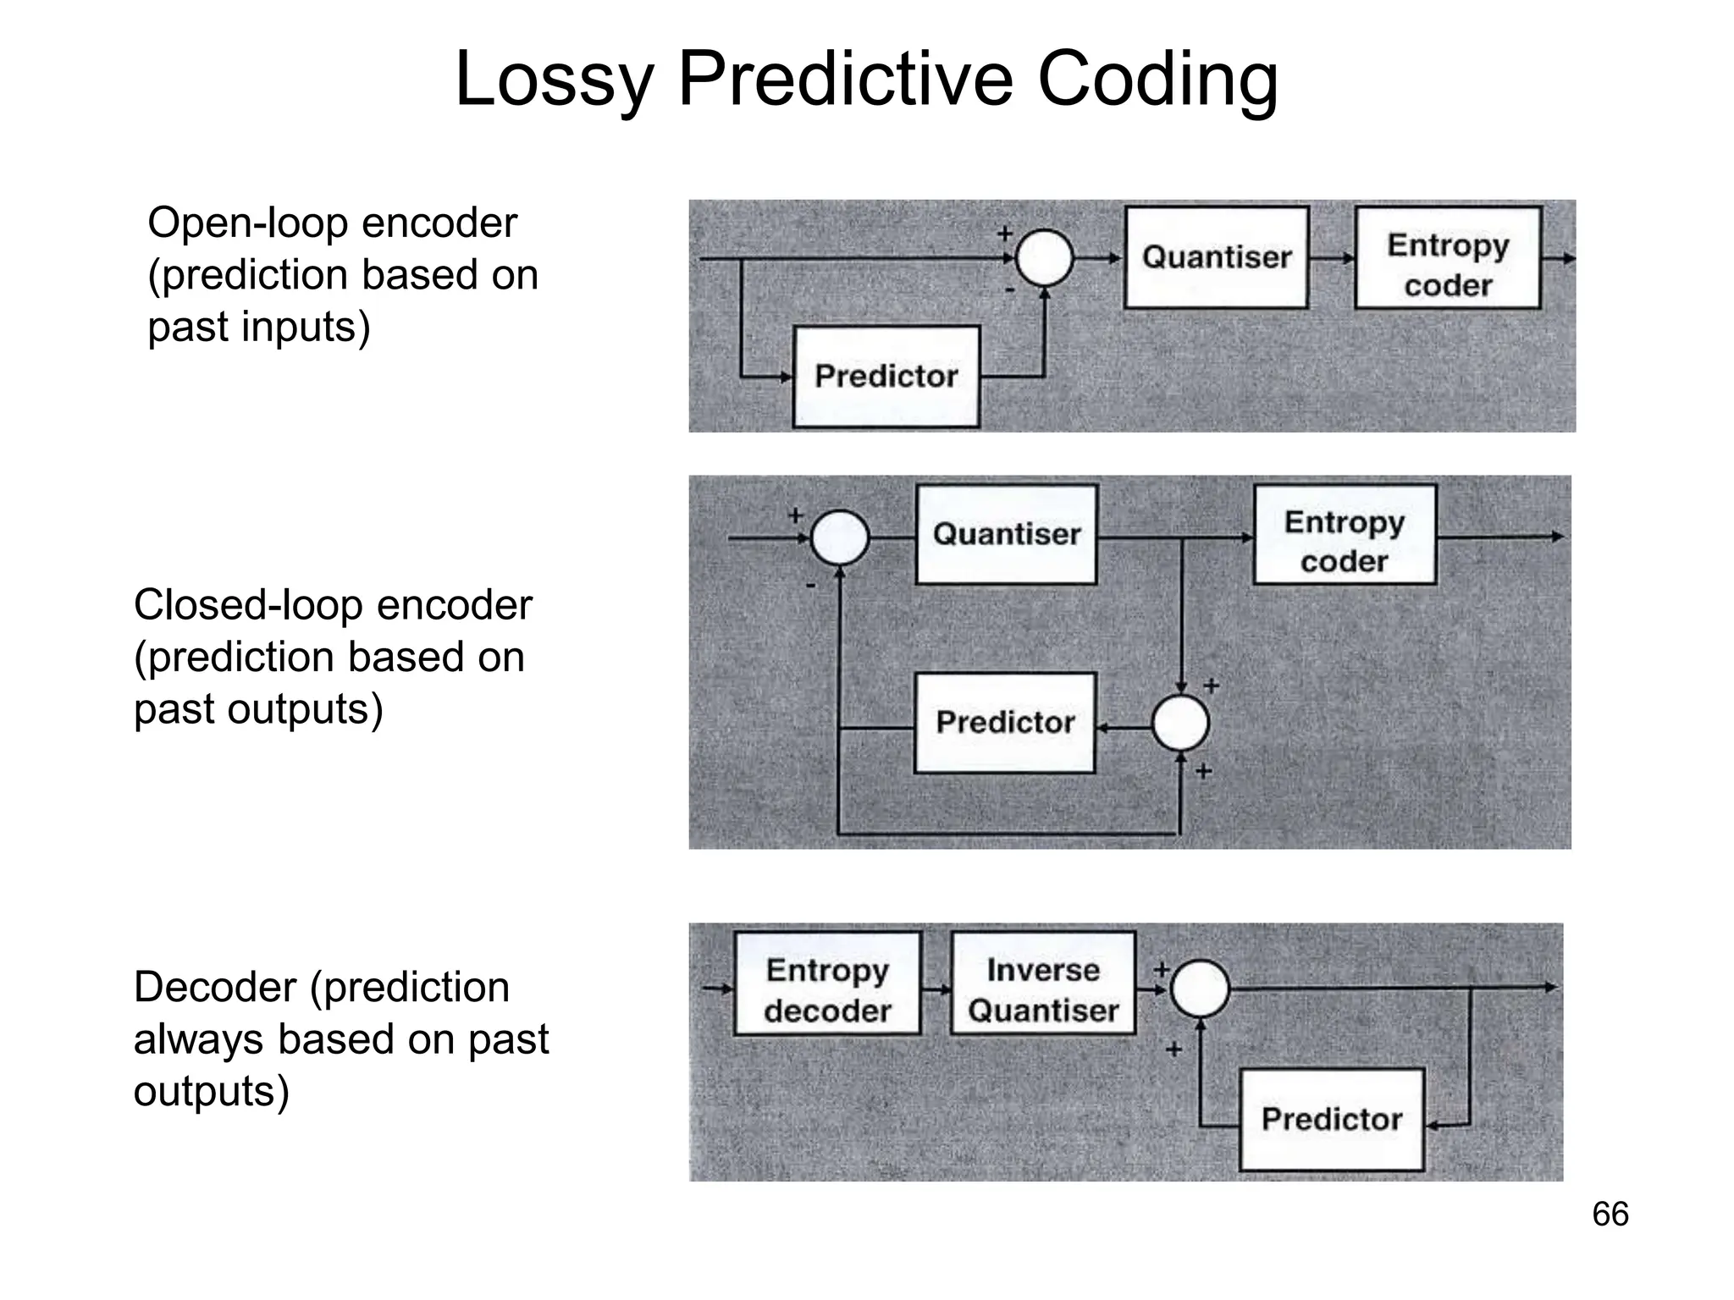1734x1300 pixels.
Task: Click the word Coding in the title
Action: coord(1157,81)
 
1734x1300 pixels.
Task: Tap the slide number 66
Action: coord(1610,1215)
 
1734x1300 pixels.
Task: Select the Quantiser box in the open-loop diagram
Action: coord(1217,257)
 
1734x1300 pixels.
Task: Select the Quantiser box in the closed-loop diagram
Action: coord(1007,534)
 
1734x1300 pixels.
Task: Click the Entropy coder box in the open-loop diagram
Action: coord(1448,258)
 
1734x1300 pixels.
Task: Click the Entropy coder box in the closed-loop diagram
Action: coord(1345,535)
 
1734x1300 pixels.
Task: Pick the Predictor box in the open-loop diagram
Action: coord(886,377)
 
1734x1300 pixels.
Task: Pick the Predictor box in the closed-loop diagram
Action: coord(1005,723)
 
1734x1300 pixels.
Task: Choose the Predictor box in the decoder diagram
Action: coord(1332,1119)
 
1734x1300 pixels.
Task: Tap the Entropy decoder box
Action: coord(827,984)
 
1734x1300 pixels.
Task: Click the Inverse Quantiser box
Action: coord(1043,984)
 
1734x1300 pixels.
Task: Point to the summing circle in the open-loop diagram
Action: coord(1044,258)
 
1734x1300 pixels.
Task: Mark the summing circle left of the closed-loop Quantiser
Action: coord(840,537)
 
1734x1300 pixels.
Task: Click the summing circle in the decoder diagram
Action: coord(1200,989)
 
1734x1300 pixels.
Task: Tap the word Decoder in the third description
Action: coord(215,988)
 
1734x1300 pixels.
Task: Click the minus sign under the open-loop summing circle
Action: coord(1009,290)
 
